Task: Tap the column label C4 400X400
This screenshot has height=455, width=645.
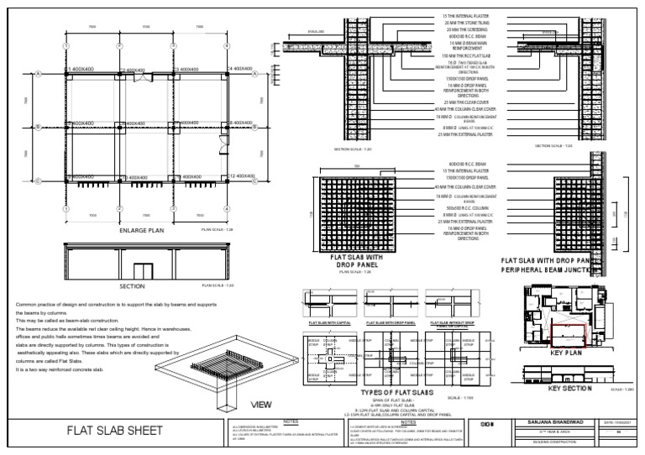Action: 239,68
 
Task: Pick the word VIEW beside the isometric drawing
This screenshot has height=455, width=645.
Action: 263,404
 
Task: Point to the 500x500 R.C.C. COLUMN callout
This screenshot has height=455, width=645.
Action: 466,206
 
